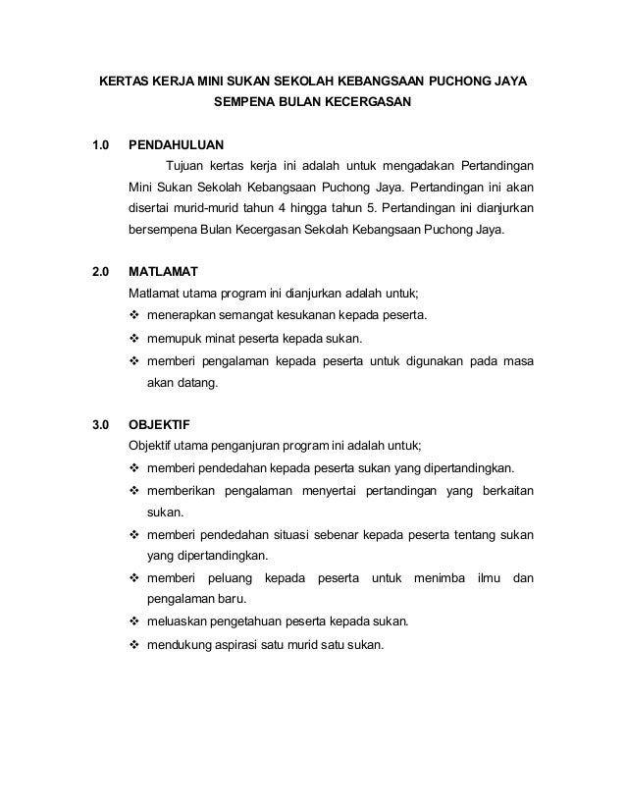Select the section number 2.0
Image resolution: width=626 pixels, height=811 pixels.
pyautogui.click(x=100, y=272)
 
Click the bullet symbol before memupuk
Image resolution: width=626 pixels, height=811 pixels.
pyautogui.click(x=135, y=340)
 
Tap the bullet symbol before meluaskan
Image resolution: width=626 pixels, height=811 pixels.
pyautogui.click(x=135, y=622)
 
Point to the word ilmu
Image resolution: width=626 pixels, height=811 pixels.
pyautogui.click(x=488, y=579)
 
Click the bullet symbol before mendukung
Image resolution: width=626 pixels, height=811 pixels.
pyautogui.click(x=135, y=645)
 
